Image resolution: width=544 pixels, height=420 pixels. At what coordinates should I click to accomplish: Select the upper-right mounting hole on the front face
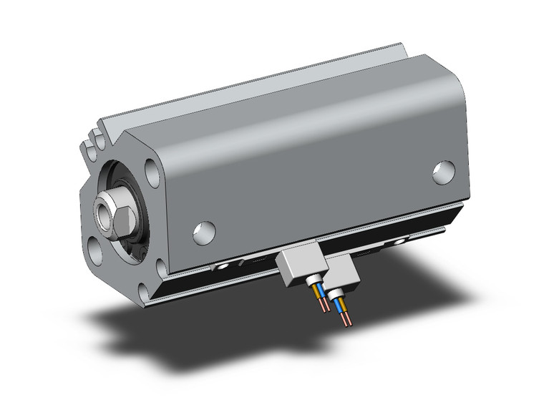click(152, 173)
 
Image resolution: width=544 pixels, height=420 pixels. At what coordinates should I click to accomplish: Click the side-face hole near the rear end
click(444, 171)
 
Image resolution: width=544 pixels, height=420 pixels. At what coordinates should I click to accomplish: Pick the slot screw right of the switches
click(395, 243)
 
